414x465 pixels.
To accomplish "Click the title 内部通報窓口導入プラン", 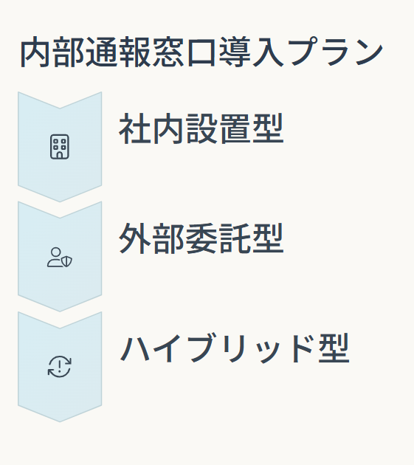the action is [x=201, y=52].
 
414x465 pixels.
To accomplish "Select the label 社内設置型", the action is [x=201, y=128].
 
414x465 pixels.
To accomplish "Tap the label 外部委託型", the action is [x=201, y=238].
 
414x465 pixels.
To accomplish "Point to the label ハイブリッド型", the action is [x=235, y=348].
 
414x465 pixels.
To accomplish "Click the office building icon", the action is [x=60, y=146].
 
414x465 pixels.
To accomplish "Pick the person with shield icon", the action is [x=60, y=257].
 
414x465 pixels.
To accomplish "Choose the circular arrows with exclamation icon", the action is [x=60, y=367].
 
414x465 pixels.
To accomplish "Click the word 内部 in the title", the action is [x=52, y=52].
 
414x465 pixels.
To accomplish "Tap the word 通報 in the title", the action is [x=119, y=52].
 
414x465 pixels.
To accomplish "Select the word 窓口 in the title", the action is [x=184, y=52].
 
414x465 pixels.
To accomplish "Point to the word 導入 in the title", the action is [x=252, y=52].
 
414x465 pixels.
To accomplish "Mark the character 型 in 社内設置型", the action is [x=268, y=128].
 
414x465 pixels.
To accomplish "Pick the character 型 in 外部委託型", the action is [x=268, y=238].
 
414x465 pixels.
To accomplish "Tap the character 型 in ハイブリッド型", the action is [x=334, y=348].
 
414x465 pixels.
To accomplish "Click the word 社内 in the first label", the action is [x=151, y=128].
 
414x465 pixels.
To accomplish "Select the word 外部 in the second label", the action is [x=151, y=238].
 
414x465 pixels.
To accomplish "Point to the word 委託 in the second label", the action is [x=218, y=238].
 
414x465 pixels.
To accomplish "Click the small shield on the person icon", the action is [x=66, y=261].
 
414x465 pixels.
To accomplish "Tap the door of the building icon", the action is [x=60, y=156].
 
